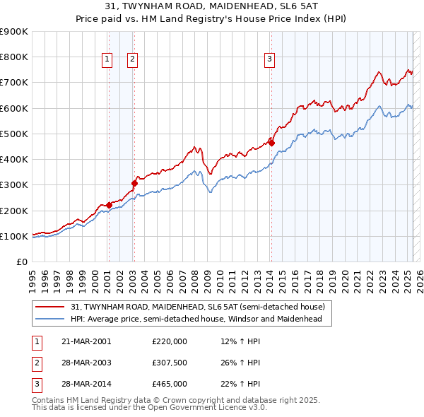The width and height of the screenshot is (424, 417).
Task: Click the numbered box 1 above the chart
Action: (107, 60)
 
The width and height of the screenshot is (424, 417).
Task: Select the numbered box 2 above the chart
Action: (132, 60)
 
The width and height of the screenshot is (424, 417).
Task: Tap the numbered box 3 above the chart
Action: (270, 60)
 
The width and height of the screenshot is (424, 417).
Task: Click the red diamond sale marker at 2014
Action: (271, 143)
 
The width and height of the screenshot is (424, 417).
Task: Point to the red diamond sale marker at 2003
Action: (134, 183)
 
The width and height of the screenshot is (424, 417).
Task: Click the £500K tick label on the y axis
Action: (14, 134)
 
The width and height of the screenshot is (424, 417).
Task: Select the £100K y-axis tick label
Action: (14, 236)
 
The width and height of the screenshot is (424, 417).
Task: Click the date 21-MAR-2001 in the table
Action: (86, 341)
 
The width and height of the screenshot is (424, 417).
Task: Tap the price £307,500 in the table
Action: (170, 363)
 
